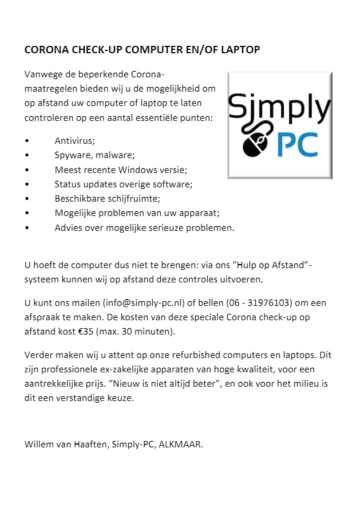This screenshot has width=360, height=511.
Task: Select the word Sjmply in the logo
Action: click(x=279, y=107)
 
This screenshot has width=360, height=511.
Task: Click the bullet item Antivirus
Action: click(x=74, y=140)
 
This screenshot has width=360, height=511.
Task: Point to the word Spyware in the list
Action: click(x=72, y=155)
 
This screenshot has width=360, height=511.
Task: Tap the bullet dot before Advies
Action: click(x=27, y=228)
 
